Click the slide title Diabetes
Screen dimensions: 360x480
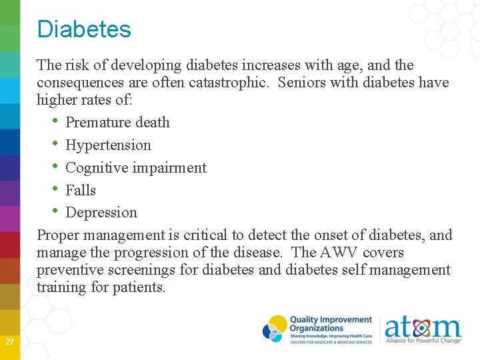[84, 29]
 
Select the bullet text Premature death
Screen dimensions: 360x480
[117, 123]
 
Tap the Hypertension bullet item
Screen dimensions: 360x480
[108, 145]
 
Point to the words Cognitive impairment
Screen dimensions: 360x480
[136, 168]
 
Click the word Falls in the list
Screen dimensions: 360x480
[81, 191]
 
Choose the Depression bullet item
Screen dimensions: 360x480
[101, 213]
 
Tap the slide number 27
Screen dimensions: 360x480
[9, 342]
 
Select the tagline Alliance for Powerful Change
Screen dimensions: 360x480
[423, 341]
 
